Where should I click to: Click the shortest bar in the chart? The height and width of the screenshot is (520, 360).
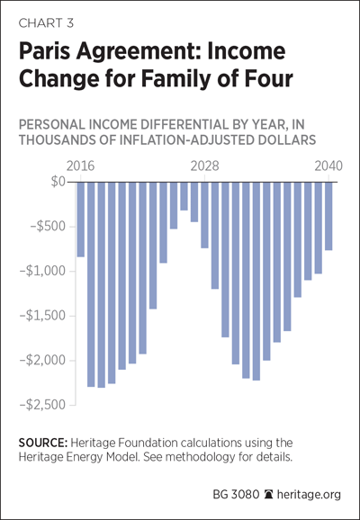(184, 196)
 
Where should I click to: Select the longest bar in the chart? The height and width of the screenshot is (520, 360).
(101, 285)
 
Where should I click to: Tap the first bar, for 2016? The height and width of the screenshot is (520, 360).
(81, 220)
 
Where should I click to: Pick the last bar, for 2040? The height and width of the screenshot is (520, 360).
(328, 216)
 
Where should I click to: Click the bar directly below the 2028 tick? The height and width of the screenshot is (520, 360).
(204, 215)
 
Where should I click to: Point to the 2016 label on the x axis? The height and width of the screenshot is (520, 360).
(80, 166)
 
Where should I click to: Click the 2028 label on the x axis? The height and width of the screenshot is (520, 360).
(204, 166)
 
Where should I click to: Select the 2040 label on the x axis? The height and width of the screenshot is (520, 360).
(328, 166)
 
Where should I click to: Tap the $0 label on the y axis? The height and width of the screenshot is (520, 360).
(58, 182)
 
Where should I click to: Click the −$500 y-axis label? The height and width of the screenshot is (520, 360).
(48, 227)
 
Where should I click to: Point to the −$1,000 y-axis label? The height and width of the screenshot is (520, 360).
(43, 272)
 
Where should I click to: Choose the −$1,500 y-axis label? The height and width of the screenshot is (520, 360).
(43, 316)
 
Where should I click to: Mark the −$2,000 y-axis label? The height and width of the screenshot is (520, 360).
(43, 361)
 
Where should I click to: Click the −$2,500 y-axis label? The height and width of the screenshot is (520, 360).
(43, 405)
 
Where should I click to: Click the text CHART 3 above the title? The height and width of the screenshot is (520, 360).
(46, 23)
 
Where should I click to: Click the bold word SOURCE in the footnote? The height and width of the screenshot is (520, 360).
(43, 443)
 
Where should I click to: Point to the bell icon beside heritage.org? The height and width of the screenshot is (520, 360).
(268, 495)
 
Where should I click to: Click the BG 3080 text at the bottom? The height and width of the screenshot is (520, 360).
(236, 495)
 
